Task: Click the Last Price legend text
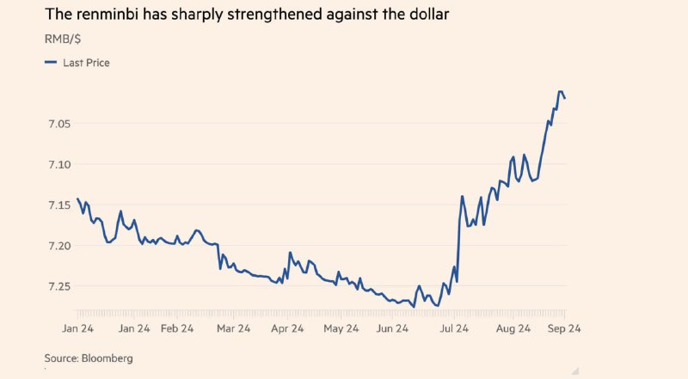tap(86, 63)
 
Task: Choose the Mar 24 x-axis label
tap(233, 328)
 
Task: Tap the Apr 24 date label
tap(287, 328)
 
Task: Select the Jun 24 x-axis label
tap(396, 328)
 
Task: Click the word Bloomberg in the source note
tap(107, 357)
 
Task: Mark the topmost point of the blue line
tap(561, 92)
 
